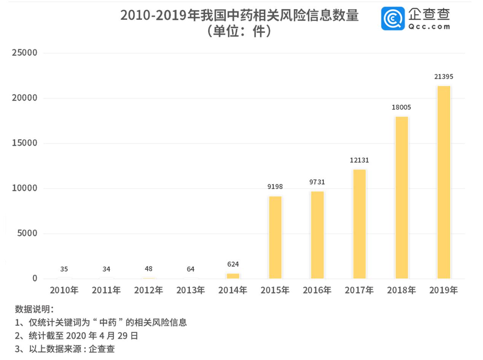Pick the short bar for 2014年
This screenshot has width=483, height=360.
coord(233,276)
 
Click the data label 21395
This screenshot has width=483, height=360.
coord(443,77)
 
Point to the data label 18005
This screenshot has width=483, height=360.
coord(401,107)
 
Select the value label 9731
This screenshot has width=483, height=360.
coord(317,182)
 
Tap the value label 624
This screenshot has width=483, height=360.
coord(233,264)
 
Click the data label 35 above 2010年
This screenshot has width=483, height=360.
coord(64,269)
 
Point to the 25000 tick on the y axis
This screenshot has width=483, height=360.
coord(25,53)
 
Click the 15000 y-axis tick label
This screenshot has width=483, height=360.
coord(25,143)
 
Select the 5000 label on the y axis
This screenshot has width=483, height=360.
coord(27,233)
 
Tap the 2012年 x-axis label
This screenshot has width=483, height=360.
coord(148,290)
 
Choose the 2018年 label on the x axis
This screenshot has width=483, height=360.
coord(401,290)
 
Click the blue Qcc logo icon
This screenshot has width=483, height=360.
coord(393,18)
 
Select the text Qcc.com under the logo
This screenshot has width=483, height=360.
coord(429,27)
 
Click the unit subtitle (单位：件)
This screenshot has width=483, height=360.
coord(239,31)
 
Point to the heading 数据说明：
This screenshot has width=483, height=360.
coord(34,309)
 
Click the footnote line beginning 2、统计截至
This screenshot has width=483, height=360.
coord(77,336)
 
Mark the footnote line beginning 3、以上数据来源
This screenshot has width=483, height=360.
coord(65,349)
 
